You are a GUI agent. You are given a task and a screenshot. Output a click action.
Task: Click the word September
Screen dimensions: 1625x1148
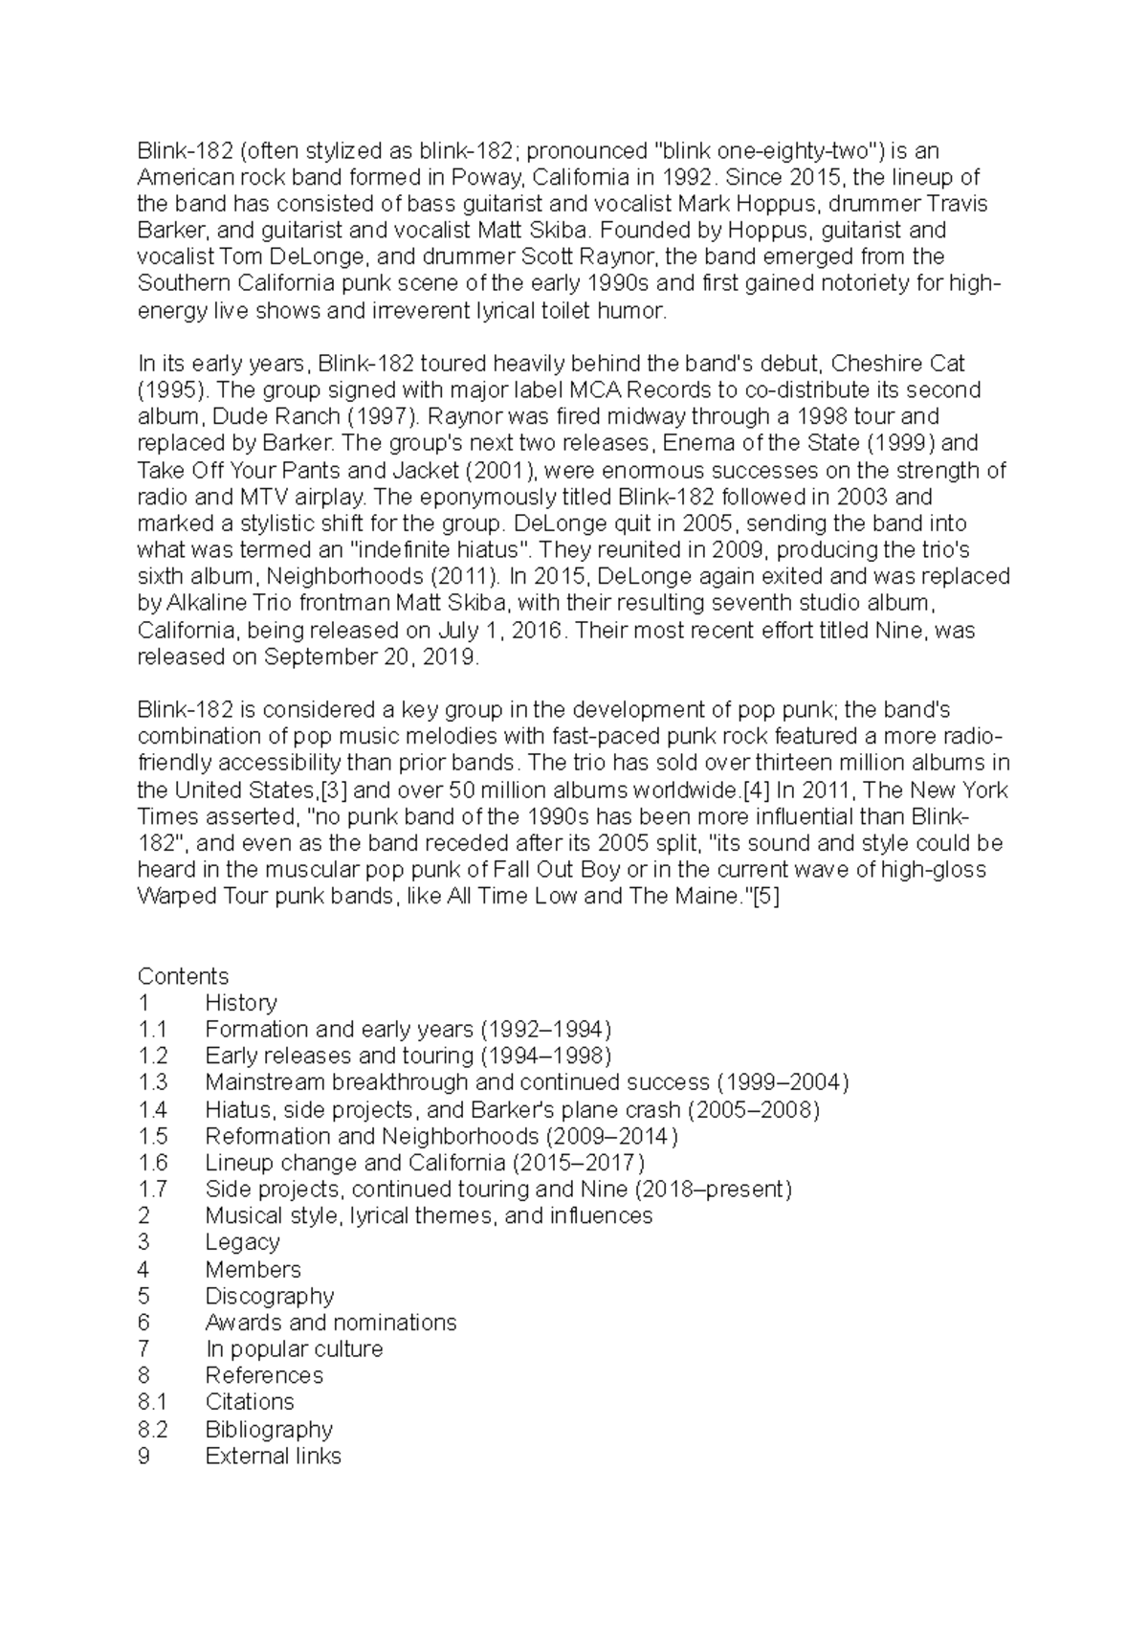click(x=323, y=657)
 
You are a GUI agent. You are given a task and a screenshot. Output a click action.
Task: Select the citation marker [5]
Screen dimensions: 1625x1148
click(x=766, y=898)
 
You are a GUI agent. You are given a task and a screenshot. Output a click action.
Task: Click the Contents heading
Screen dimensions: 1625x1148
click(x=184, y=976)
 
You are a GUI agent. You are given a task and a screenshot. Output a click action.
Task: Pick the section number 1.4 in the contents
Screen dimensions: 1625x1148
click(x=152, y=1109)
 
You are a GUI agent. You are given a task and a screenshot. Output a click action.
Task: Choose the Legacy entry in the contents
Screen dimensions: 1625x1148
click(x=242, y=1242)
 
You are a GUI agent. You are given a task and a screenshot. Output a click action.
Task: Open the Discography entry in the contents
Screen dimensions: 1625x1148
click(x=269, y=1296)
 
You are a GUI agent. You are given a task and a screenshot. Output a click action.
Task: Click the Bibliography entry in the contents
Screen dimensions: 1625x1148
click(x=269, y=1429)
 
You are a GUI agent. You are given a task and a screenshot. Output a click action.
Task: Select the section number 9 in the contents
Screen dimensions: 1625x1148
click(x=144, y=1456)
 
